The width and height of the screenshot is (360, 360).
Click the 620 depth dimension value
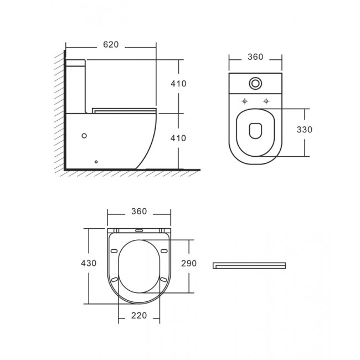[x=111, y=44]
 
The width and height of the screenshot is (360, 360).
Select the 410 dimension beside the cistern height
[x=178, y=84]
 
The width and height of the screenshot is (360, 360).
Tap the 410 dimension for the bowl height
[x=178, y=138]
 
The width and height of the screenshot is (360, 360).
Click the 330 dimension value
[x=305, y=130]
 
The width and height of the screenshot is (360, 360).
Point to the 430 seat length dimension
[x=89, y=263]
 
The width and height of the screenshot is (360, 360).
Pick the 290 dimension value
[x=189, y=263]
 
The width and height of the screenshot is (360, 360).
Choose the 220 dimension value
[x=139, y=316]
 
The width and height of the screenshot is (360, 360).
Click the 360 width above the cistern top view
[x=255, y=57]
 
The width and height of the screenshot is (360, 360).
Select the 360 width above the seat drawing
[x=139, y=211]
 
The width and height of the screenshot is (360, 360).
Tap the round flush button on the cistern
[x=255, y=83]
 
